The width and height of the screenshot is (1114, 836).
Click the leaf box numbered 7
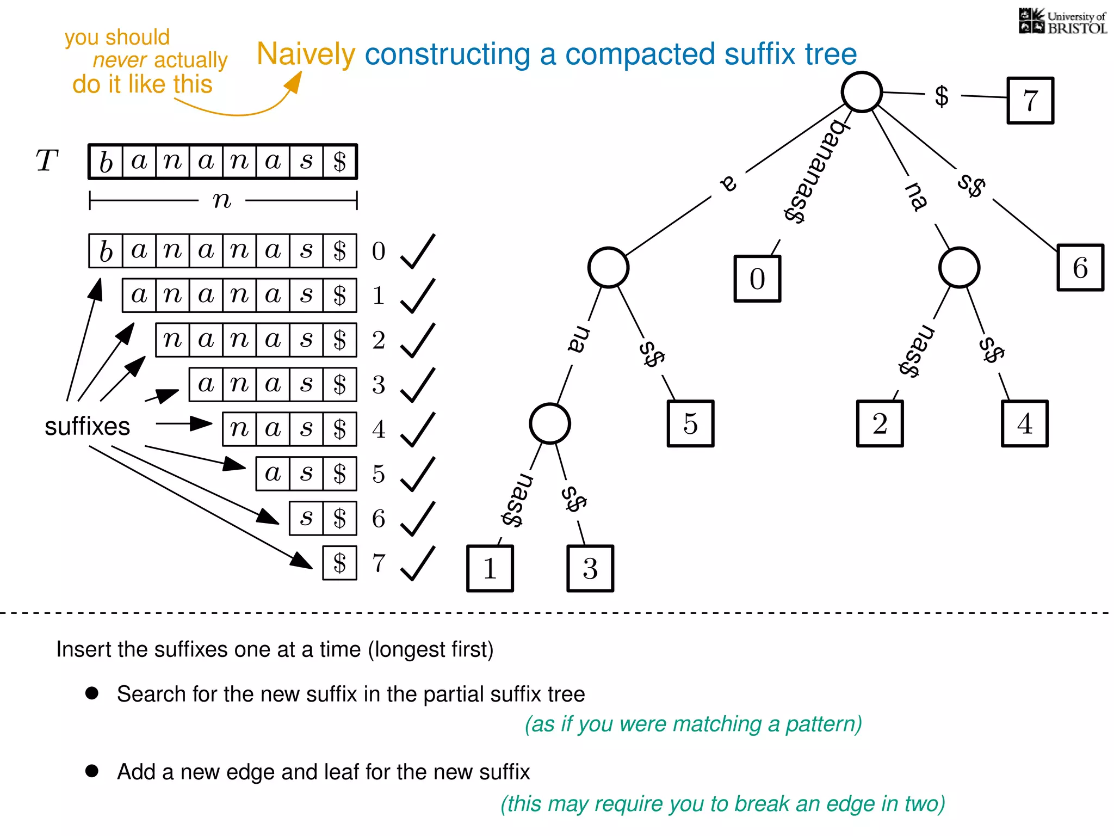coord(1030,101)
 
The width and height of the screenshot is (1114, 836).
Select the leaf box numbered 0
coord(757,279)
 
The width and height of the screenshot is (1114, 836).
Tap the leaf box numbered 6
coord(1080,268)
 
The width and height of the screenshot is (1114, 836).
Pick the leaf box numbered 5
coord(690,424)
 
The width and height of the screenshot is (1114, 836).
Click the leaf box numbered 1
coord(490,568)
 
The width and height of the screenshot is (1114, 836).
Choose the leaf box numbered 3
coord(590,568)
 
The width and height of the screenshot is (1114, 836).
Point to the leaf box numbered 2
coord(880,424)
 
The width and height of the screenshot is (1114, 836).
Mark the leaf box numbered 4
coord(1024,424)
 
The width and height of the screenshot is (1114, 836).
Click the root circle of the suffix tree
coord(862,92)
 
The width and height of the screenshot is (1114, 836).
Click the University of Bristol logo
coord(1062,22)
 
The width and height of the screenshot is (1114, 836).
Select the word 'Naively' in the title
coord(306,54)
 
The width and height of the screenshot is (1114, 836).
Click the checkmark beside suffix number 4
coord(418,429)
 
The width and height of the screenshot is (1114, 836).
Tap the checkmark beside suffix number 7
coord(418,563)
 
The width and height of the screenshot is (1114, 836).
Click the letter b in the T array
coord(106,162)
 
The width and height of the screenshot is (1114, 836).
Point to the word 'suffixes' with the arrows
coord(87,426)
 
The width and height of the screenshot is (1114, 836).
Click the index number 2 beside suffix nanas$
coord(379,340)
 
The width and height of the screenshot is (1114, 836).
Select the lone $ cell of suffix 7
coord(339,563)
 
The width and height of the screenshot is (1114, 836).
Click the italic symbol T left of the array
coord(47,161)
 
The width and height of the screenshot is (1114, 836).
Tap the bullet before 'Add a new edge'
coord(92,771)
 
